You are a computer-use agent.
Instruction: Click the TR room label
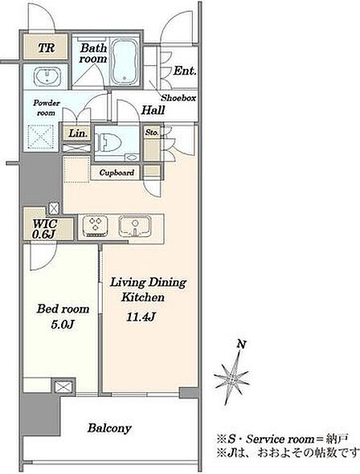point(47,47)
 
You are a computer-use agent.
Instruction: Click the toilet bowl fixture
point(108,143)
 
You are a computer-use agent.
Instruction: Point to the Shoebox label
point(178,98)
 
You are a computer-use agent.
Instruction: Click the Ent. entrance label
point(185,71)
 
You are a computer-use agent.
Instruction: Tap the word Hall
point(153,110)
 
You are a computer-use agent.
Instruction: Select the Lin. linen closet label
point(78,133)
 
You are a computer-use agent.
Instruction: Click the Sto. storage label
point(152,133)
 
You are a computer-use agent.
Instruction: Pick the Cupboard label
point(117,173)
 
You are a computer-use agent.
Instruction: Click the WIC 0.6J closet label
point(45,228)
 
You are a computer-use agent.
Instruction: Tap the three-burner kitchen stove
point(95,227)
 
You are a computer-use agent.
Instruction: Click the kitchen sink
point(134,226)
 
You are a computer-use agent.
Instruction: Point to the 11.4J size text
point(141,317)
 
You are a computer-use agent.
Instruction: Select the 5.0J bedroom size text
point(63,325)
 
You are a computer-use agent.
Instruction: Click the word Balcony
point(109,428)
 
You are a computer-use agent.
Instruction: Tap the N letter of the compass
point(241,345)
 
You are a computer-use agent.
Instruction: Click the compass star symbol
point(232,378)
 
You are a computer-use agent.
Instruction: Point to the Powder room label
point(47,108)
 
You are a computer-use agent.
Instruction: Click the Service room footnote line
point(282,439)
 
